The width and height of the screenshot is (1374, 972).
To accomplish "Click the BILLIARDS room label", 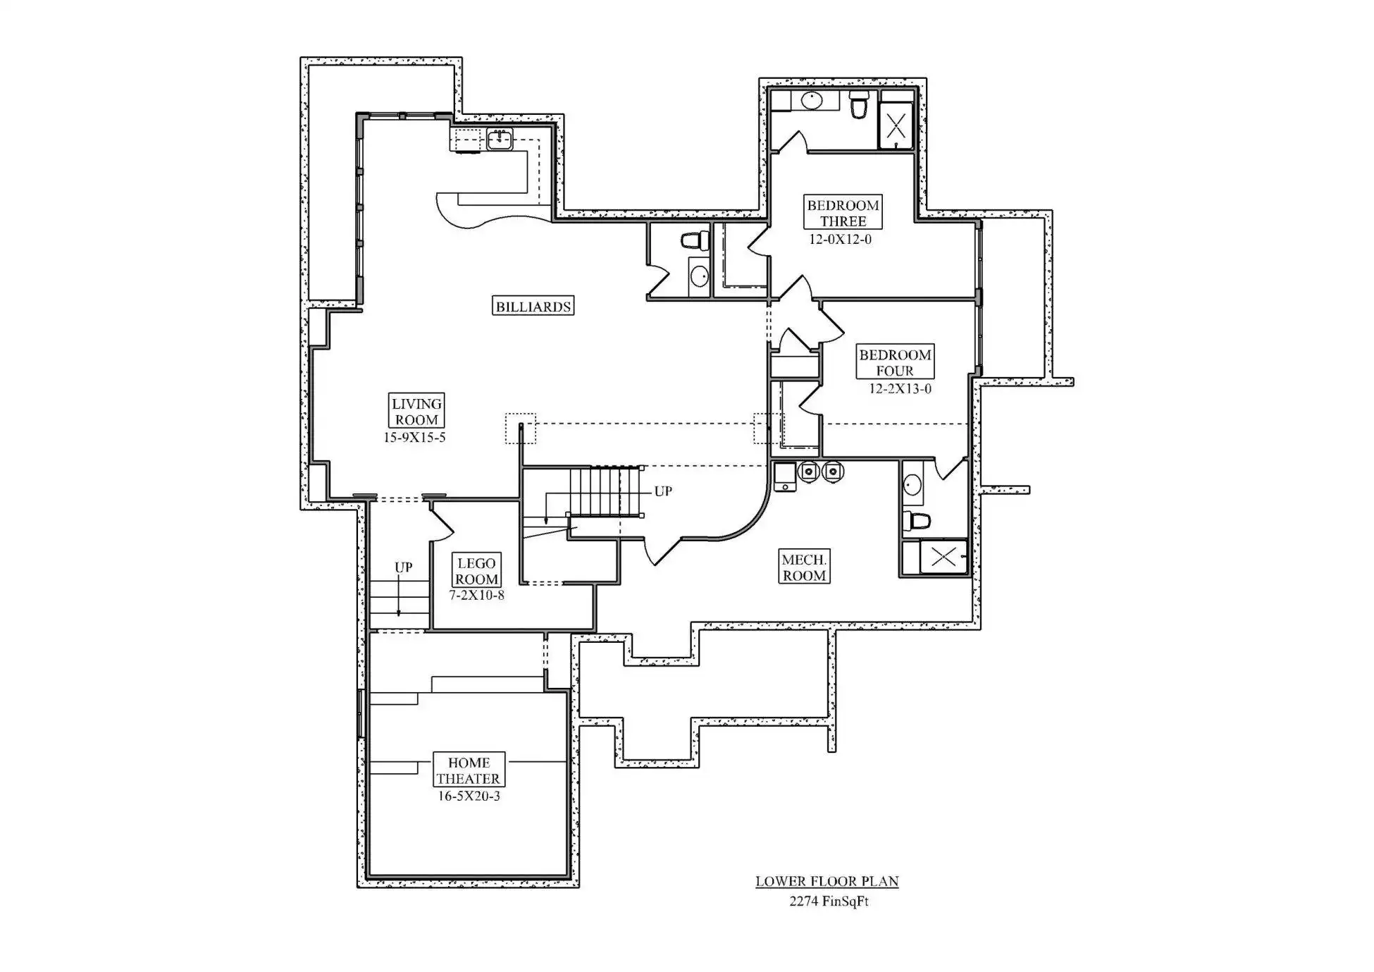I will (x=533, y=306).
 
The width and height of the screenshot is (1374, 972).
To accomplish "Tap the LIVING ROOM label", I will (x=416, y=412).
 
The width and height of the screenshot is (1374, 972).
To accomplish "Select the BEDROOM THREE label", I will (x=843, y=213).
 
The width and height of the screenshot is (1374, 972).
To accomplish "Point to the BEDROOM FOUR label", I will (x=895, y=362).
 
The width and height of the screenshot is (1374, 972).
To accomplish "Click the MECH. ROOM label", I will (x=804, y=567).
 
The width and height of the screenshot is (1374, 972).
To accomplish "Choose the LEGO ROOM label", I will (x=476, y=571).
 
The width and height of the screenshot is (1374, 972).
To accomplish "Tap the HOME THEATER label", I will (x=469, y=770).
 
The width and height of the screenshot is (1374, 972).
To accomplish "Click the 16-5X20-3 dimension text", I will (x=469, y=796).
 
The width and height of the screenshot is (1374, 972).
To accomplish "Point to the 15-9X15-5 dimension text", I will (x=414, y=438).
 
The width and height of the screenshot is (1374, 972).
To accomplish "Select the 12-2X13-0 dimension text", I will (x=900, y=389).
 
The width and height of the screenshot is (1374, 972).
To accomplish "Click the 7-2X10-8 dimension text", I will (x=476, y=596).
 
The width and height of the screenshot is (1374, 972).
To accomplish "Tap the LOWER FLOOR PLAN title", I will (x=827, y=881).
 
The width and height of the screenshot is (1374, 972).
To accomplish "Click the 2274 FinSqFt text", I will (x=829, y=901).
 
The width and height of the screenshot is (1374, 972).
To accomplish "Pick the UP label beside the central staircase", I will (x=663, y=491).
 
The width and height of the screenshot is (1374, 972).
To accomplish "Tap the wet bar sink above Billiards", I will (x=500, y=139).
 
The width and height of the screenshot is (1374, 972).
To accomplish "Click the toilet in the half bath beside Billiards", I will (x=695, y=240).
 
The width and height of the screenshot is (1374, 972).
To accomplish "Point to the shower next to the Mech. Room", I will (x=943, y=557).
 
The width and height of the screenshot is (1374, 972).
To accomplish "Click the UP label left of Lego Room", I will (x=404, y=567).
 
